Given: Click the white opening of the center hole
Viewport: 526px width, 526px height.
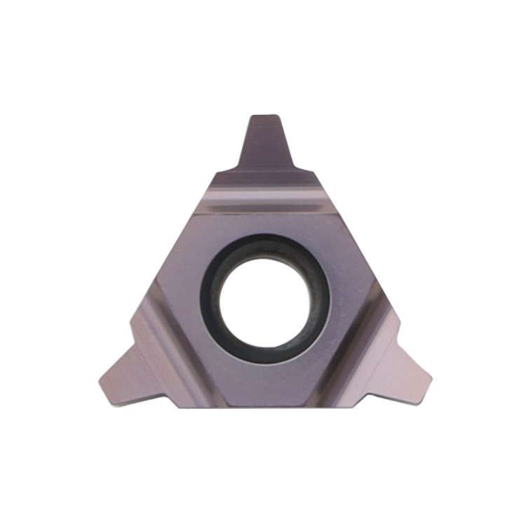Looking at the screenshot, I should tap(265, 298).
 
